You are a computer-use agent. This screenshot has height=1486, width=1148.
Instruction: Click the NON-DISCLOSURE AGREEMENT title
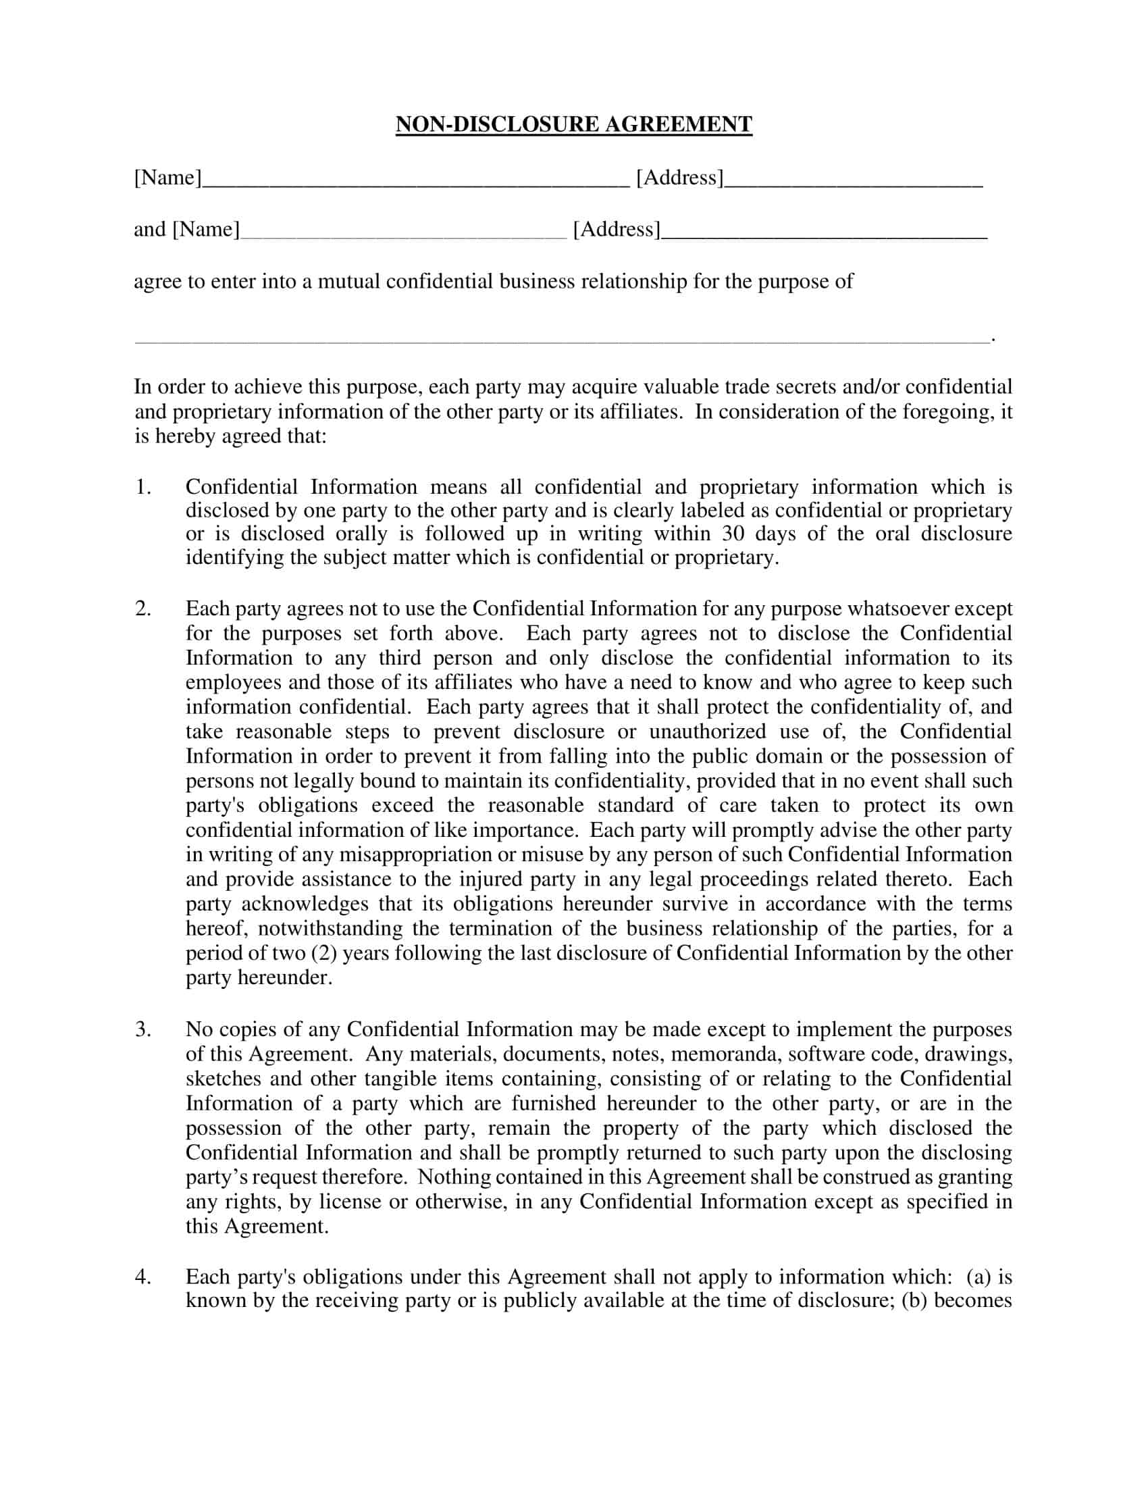point(573,124)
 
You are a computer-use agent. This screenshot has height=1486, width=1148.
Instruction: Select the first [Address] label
point(679,178)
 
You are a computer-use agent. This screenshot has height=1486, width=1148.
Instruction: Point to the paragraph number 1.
point(142,487)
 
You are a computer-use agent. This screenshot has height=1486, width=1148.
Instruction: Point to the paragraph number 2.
point(142,609)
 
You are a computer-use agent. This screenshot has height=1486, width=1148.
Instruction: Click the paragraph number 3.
point(142,1029)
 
